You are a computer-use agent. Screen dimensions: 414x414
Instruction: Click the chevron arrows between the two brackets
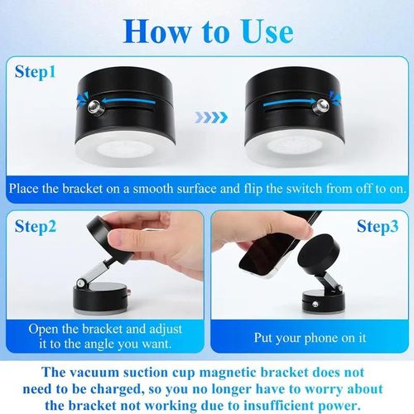pos(207,118)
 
